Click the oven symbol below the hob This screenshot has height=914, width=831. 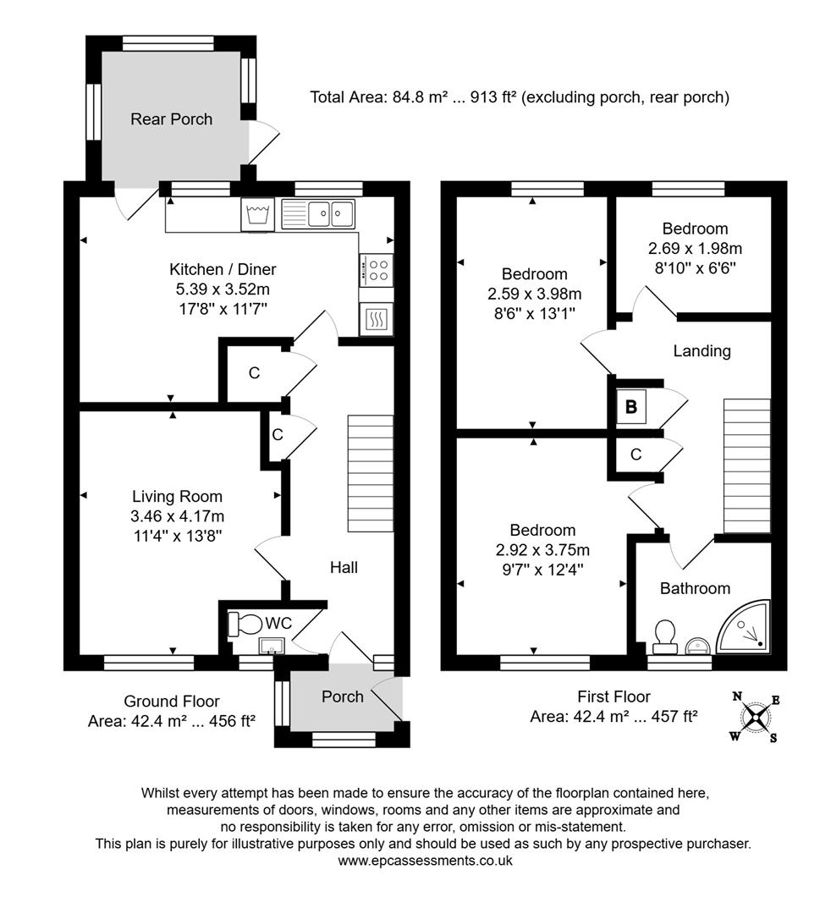pos(376,318)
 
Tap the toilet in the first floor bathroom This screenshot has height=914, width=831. pos(664,635)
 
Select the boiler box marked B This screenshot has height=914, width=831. pos(630,406)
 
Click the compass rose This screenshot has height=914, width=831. pos(755,718)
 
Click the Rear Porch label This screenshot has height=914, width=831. pos(171,119)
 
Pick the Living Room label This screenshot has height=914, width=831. pos(177,497)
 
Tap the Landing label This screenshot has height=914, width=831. pos(702,350)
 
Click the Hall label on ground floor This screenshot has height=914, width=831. pos(344,567)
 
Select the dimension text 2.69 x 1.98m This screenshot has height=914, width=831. pos(695,249)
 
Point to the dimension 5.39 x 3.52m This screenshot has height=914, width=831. pos(223,289)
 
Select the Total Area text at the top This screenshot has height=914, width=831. pos(519,97)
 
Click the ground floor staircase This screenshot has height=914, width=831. pos(371,473)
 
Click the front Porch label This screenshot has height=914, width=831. pos(343,697)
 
